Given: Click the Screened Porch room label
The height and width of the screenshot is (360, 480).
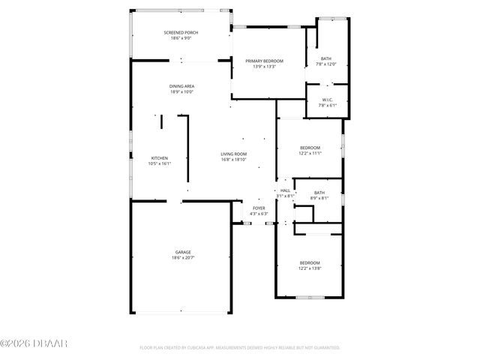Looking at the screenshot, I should pos(181,33).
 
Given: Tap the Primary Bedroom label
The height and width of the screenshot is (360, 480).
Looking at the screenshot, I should pos(264,61).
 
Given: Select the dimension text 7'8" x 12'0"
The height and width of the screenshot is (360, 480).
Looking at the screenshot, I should pos(326,64).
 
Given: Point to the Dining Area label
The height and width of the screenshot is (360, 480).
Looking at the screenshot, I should pos(181,86).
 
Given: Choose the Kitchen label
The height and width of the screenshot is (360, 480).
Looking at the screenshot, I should pos(160,158).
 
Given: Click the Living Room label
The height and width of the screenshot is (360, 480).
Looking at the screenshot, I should pos(234,154).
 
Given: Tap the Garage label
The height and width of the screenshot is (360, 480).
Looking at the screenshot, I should pos(183,252).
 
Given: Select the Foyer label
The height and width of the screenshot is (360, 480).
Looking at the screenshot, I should pos(259,208).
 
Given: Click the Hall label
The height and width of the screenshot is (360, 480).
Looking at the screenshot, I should pos(285,190).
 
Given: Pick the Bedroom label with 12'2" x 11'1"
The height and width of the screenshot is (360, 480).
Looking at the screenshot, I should pos(310,148).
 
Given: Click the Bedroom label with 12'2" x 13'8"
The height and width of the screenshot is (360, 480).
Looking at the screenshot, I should pos(310,262).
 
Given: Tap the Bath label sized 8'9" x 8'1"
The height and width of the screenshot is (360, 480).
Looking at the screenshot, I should pos(319,192).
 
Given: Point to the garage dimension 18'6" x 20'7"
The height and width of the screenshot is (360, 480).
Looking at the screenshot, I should pos(183,258).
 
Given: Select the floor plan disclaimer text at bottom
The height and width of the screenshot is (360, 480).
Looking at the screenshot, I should pos(240,348).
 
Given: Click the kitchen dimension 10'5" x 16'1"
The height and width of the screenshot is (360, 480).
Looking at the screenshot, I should pos(160,164).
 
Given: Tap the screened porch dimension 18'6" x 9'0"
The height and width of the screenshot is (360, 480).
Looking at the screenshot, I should pos(181,39).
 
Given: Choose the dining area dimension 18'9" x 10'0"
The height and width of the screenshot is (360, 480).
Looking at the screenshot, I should pos(181,92).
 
